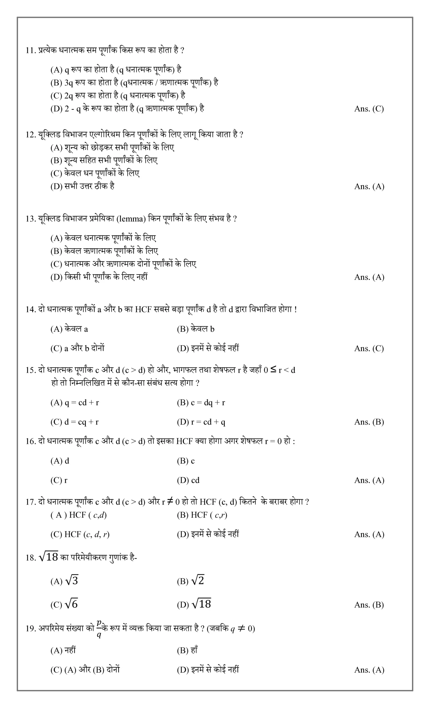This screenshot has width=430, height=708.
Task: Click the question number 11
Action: pos(30,51)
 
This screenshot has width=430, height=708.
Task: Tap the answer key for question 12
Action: pos(369,186)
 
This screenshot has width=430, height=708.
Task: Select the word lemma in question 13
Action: pos(131,219)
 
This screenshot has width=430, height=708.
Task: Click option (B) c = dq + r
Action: pos(201,403)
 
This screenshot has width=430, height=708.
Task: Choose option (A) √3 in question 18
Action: pos(64,581)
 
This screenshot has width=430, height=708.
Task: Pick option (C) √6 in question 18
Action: pos(64,604)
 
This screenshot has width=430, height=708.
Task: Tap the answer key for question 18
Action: pos(369,605)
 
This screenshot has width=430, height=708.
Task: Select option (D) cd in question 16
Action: pos(188,480)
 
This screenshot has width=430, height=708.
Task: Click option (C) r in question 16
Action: pos(59,480)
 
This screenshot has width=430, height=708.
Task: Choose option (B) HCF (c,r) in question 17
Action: pos(202,515)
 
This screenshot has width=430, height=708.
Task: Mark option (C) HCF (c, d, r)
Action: pos(80,534)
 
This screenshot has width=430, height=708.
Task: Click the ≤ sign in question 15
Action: pos(273,369)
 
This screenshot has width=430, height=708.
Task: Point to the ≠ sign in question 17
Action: pos(170,501)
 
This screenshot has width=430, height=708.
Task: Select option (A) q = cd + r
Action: pos(75,403)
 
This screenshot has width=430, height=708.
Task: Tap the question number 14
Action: pos(30,309)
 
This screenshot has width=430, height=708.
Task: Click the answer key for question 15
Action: pos(369,422)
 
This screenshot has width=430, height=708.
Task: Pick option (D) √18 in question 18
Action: pos(194,604)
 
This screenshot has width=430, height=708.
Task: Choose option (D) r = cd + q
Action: pos(201,422)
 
